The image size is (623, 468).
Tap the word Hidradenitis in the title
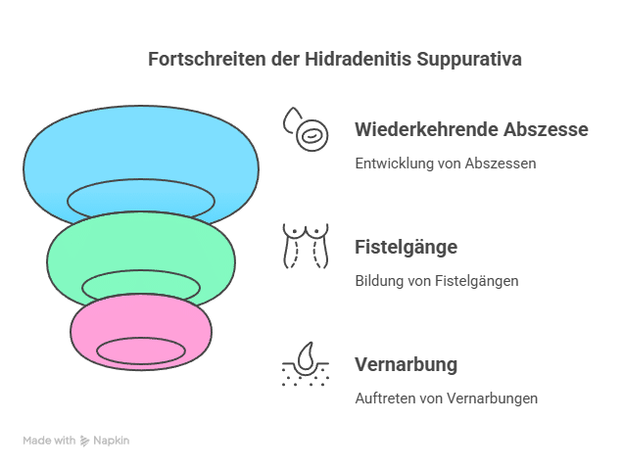point(343,59)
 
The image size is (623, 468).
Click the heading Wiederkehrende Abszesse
point(470,129)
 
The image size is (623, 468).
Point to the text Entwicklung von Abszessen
point(445,164)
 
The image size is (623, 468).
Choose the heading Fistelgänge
point(406,247)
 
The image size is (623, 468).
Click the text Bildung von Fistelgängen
point(436,281)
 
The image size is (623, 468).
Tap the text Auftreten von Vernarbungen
point(446,398)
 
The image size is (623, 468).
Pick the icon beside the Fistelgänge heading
point(306,246)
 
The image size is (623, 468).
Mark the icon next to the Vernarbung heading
point(306,363)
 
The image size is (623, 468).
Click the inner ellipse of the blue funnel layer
point(141,199)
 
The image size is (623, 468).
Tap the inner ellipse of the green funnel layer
point(141,286)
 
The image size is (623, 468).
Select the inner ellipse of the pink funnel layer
point(141,351)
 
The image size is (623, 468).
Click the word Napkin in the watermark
point(111,441)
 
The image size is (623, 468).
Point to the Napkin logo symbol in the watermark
point(85,441)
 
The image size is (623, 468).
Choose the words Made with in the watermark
point(50,441)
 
